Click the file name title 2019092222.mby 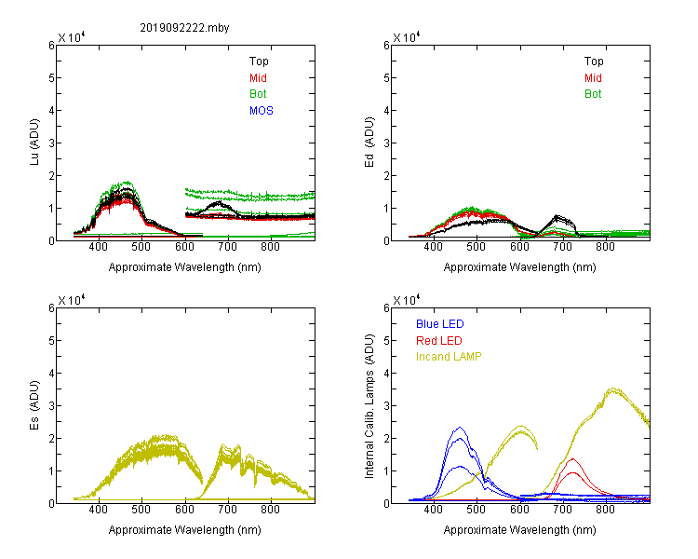[x=184, y=28]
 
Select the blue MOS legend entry [x=262, y=111]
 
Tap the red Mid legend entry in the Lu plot [x=258, y=78]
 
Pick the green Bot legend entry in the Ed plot [x=593, y=94]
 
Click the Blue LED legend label [x=440, y=324]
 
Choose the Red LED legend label [x=439, y=341]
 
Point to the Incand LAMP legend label [x=449, y=357]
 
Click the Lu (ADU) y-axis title [x=34, y=142]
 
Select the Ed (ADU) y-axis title [x=369, y=142]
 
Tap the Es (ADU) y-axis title [x=34, y=404]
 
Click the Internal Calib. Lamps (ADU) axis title [x=369, y=406]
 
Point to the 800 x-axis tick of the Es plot [x=270, y=509]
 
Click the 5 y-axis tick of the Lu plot [x=51, y=78]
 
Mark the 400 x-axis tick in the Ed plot [x=433, y=247]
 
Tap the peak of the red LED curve [x=572, y=458]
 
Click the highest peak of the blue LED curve [x=460, y=428]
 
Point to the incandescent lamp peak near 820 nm [x=613, y=389]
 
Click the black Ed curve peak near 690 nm [x=557, y=216]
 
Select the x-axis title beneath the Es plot [x=185, y=530]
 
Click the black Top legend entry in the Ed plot [x=594, y=61]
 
